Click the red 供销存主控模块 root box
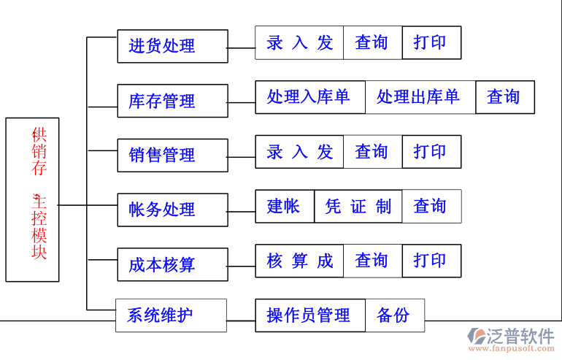click(32, 199)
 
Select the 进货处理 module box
click(172, 46)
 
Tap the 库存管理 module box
click(172, 100)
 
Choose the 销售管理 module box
click(172, 155)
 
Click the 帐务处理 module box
click(172, 210)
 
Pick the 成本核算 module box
click(172, 264)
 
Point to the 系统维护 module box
click(171, 315)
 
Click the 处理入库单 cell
click(309, 97)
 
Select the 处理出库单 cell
click(420, 97)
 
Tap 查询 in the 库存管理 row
click(504, 97)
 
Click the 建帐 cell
click(285, 207)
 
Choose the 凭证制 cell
click(358, 207)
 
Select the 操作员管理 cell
click(309, 315)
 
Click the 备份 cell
click(394, 315)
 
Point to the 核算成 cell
click(299, 261)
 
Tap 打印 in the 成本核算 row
click(431, 261)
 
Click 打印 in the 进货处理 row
click(431, 42)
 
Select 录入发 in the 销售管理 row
click(299, 152)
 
